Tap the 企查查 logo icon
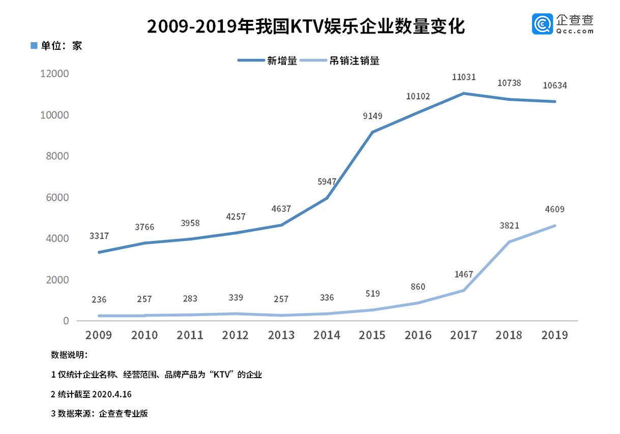pos(542,24)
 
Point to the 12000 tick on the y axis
pos(53,74)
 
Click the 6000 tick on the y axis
pos(56,197)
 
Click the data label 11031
pos(464,77)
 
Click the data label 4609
pos(554,209)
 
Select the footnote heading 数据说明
pos(69,355)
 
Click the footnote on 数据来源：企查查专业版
pos(99,414)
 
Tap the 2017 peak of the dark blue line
pos(463,94)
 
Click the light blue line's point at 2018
pos(509,242)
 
